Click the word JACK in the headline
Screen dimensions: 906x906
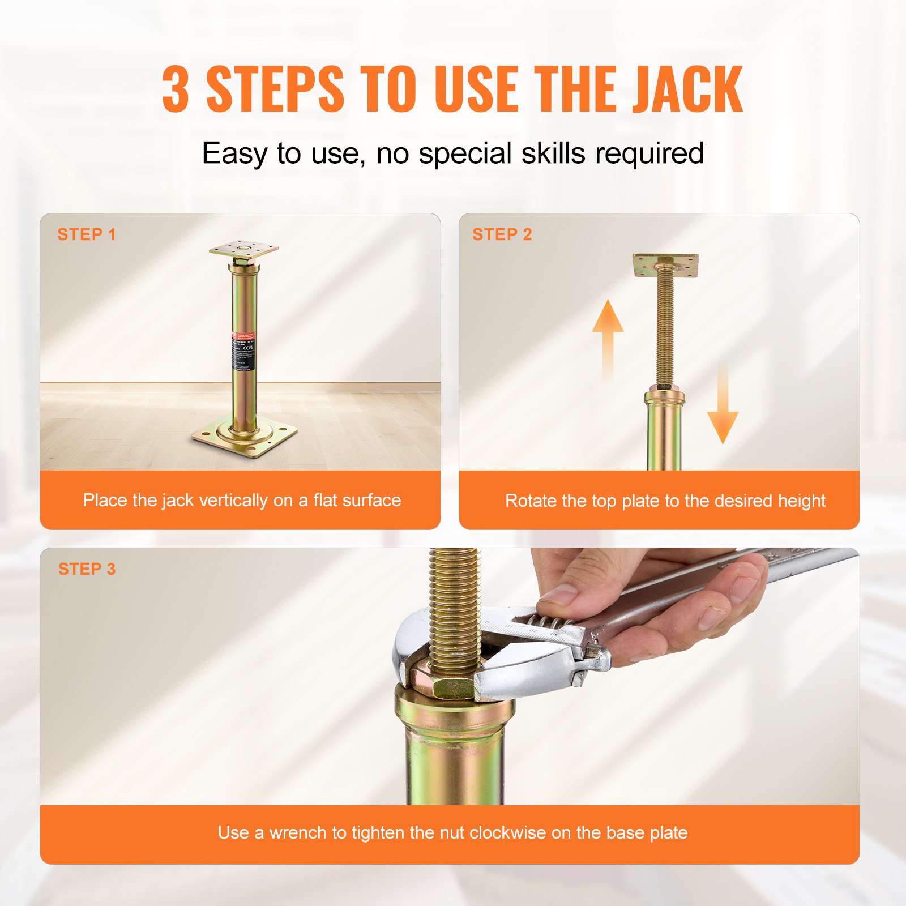[687, 89]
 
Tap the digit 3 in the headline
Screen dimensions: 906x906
[175, 89]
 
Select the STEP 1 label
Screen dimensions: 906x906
[87, 234]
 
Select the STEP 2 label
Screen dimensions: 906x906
[502, 234]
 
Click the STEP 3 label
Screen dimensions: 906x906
[87, 569]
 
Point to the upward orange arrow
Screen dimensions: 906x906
[608, 334]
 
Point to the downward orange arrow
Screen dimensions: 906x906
[723, 408]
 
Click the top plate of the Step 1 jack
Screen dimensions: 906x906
[243, 249]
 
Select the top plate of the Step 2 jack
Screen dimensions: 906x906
[665, 265]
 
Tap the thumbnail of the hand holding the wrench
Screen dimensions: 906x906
[558, 595]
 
